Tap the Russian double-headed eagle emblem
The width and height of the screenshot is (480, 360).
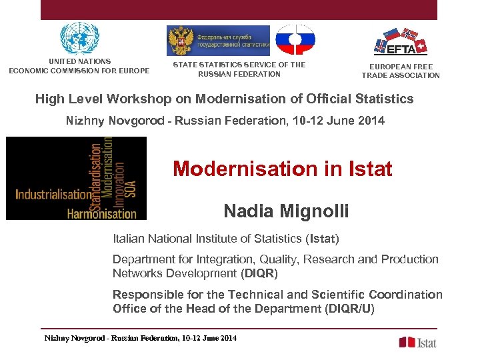[x=181, y=41]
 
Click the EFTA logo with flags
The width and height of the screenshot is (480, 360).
[x=401, y=41]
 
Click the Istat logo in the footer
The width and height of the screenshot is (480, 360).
[x=417, y=342]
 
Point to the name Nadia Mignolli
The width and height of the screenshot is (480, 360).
[x=286, y=211]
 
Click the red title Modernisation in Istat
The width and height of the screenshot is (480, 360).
[x=282, y=169]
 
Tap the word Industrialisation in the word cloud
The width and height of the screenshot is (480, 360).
[x=53, y=195]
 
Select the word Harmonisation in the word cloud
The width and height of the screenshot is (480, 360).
[x=101, y=213]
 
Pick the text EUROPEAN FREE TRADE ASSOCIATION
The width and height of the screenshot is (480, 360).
[x=401, y=71]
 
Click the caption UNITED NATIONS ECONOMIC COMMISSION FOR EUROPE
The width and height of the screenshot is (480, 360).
[x=79, y=66]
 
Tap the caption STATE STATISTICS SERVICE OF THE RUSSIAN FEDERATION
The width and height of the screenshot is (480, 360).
[x=239, y=69]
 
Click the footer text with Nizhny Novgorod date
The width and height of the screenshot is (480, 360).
[x=140, y=339]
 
